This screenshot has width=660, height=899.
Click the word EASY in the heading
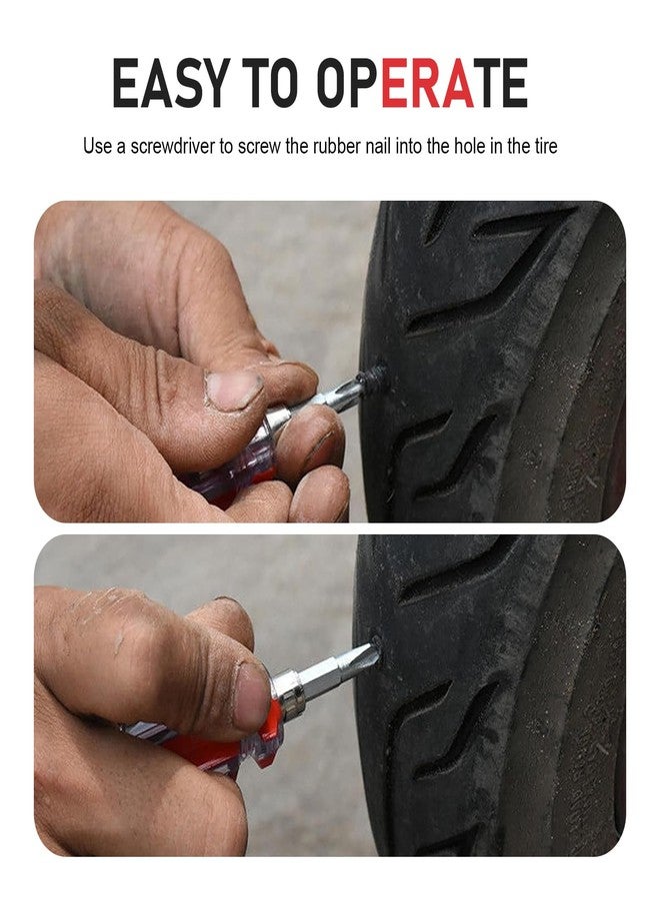click(170, 83)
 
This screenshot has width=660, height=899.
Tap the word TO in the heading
click(274, 83)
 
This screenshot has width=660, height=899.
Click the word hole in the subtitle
click(469, 146)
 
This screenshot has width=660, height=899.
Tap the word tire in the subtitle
click(545, 146)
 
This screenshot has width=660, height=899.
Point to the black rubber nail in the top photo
click(373, 379)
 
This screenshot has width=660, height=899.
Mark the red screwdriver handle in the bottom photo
click(218, 743)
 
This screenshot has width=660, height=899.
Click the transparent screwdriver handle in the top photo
click(240, 465)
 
